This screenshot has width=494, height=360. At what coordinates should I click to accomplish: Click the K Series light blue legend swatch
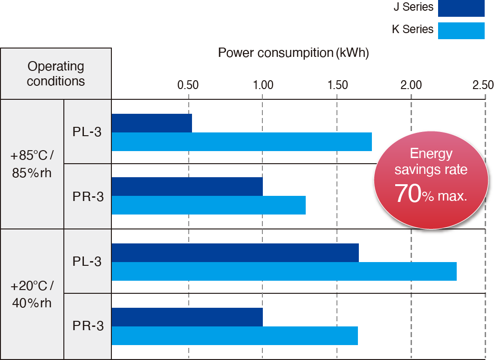coord(461,30)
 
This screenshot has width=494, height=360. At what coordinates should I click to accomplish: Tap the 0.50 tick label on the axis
coord(188,85)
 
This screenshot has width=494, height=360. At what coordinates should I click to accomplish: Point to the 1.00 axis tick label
coord(263,85)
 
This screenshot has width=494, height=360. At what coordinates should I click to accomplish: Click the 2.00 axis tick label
coord(411,85)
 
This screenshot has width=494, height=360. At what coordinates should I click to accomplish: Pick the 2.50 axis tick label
coord(482,85)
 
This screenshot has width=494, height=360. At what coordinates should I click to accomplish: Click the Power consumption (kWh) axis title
coord(294,53)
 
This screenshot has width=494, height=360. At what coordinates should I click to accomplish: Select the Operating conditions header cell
coord(56,74)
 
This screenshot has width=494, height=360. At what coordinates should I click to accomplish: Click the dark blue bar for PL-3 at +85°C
coord(152,123)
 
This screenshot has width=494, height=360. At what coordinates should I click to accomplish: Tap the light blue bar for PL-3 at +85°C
coord(241,142)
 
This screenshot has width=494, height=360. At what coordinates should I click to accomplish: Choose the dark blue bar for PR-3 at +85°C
coord(187,187)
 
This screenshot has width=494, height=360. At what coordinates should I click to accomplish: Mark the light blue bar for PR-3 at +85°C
coord(208,205)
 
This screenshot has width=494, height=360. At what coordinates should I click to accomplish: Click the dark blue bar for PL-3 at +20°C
coord(235,253)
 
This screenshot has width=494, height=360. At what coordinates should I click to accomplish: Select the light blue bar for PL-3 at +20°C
coord(284,271)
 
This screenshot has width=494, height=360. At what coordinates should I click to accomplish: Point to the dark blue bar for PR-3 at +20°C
coord(187,317)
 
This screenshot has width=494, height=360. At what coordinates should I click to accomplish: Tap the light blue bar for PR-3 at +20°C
coord(234,336)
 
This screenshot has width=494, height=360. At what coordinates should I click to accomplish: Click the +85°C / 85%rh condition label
coord(32,164)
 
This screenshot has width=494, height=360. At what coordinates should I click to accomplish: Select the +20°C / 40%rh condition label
coord(32,294)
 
